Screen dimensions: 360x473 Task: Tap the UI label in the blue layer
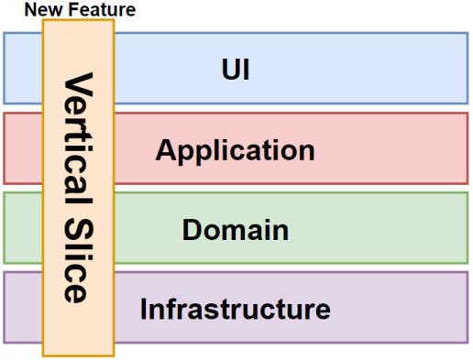tap(236, 69)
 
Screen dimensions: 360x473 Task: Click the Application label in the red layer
tap(236, 149)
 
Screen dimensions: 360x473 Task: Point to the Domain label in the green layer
tap(236, 229)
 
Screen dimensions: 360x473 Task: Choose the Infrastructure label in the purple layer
tap(236, 309)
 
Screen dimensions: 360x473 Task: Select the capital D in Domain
tap(192, 229)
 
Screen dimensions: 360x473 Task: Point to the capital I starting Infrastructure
tap(145, 309)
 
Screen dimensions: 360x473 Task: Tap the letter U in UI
tap(229, 69)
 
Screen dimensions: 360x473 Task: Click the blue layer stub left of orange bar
tap(23, 69)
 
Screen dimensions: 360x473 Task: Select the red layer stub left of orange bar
tap(23, 148)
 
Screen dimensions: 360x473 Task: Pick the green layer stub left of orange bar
tap(23, 228)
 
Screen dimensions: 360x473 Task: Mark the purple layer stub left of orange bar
tap(23, 308)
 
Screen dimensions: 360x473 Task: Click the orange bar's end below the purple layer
tap(78, 350)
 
